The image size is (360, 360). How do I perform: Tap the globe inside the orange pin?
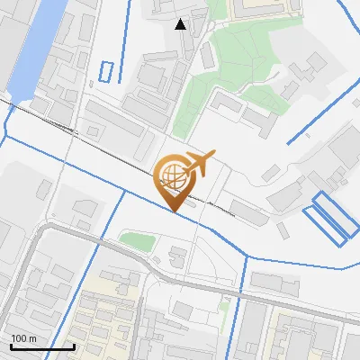pos(174,175)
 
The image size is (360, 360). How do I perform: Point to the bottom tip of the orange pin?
pos(174,212)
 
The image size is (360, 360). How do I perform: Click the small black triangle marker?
pos(181,24)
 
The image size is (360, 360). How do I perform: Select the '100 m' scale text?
pos(23,338)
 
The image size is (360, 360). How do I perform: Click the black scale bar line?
pos(42,346)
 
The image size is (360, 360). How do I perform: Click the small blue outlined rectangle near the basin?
pos(107,72)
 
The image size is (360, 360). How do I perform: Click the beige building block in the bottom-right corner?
pos(306,337)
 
